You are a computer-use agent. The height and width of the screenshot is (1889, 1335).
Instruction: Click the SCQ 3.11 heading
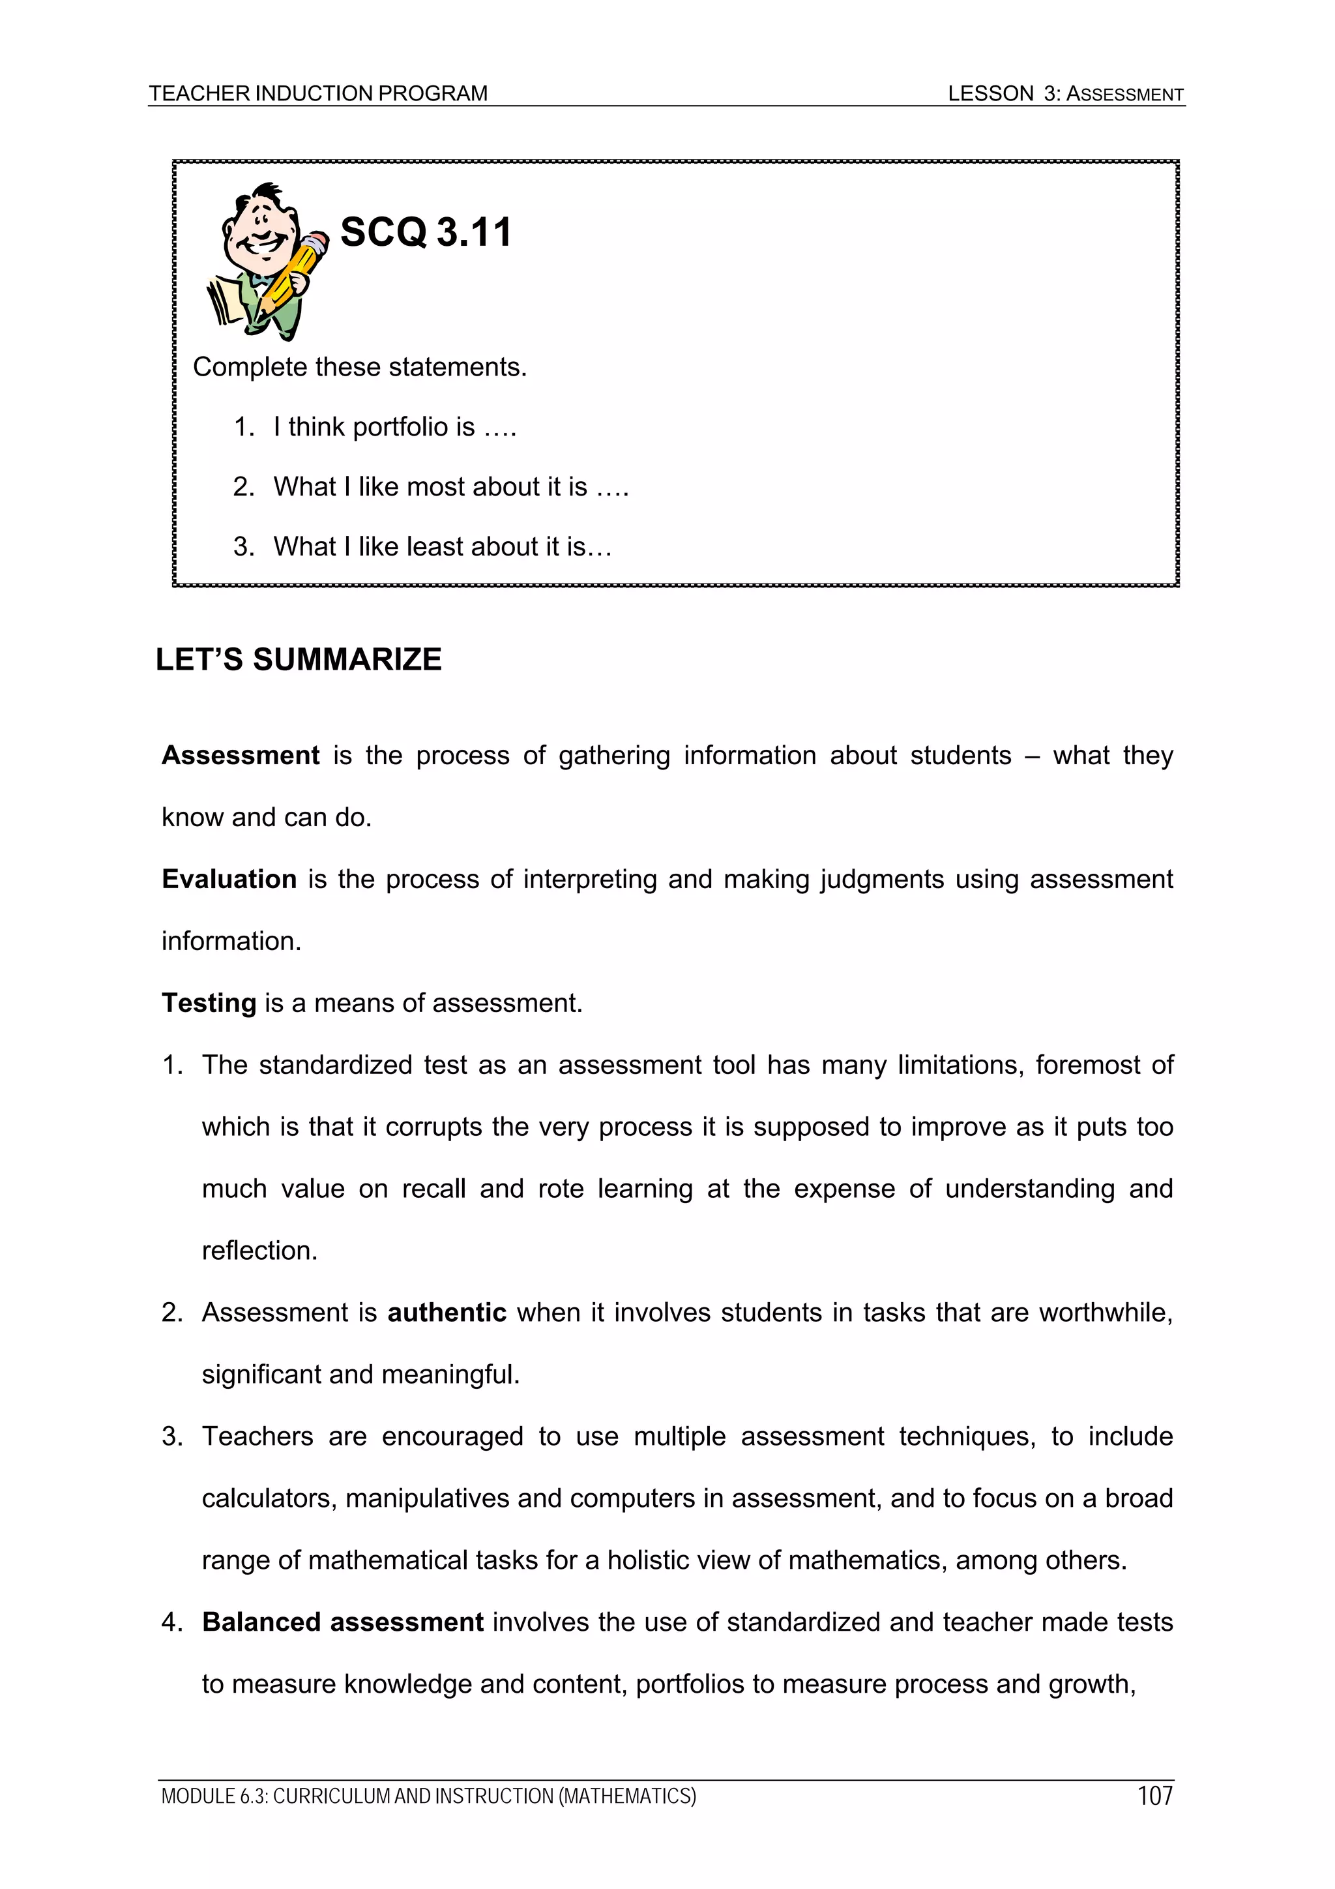425,232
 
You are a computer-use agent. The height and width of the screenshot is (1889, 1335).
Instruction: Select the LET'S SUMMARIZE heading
299,659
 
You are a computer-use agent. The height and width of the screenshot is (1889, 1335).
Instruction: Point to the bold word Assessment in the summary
240,755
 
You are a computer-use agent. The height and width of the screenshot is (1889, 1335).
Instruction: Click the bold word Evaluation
229,879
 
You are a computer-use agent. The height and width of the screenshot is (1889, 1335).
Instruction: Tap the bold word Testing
209,1003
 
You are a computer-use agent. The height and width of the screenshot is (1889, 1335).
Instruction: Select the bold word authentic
447,1313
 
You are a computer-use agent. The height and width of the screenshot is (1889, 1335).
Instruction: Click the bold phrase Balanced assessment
342,1622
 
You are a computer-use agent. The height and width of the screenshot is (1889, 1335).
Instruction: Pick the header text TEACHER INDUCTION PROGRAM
318,94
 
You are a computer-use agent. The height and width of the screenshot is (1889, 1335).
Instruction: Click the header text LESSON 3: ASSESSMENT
1065,94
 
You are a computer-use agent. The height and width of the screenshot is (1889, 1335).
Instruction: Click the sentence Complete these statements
359,367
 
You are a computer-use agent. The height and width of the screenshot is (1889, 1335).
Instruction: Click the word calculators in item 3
269,1498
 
